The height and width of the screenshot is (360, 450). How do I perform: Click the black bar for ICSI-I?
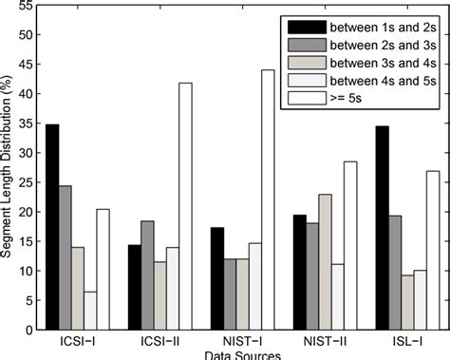[x=52, y=227]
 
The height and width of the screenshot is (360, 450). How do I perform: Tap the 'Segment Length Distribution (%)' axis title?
[x=9, y=171]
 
